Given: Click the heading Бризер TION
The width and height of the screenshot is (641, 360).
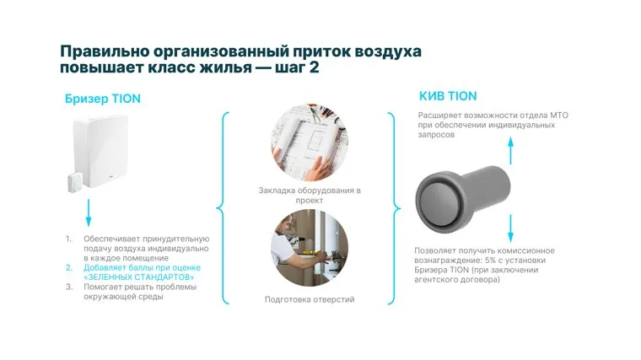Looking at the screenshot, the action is pyautogui.click(x=103, y=99).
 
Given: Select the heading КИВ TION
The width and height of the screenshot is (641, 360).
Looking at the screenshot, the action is pyautogui.click(x=448, y=96).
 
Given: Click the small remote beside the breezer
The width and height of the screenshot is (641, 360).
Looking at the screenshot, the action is pyautogui.click(x=75, y=182).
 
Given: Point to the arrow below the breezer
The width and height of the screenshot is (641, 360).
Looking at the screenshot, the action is pyautogui.click(x=89, y=213).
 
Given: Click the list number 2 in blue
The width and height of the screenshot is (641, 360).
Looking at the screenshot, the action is pyautogui.click(x=69, y=267).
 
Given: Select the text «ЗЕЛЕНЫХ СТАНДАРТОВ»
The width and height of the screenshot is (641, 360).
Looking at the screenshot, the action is pyautogui.click(x=138, y=277).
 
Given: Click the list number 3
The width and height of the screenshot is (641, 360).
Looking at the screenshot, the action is pyautogui.click(x=69, y=287).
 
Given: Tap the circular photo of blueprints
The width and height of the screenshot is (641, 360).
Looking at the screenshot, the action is pyautogui.click(x=310, y=142).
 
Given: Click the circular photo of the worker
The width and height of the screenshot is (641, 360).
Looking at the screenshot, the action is pyautogui.click(x=310, y=248).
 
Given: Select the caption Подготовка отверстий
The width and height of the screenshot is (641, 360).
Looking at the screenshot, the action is pyautogui.click(x=310, y=299).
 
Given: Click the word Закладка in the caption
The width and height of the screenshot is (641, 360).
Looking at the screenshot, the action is pyautogui.click(x=277, y=191).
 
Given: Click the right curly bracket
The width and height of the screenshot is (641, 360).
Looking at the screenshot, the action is pyautogui.click(x=394, y=208).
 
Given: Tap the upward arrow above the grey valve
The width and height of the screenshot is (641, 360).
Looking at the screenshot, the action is pyautogui.click(x=510, y=151).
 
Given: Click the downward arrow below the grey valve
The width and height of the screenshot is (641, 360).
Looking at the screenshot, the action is pyautogui.click(x=510, y=228).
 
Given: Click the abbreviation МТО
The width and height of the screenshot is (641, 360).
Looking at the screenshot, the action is pyautogui.click(x=559, y=116).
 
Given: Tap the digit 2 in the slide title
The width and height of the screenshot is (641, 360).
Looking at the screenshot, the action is pyautogui.click(x=314, y=67).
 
